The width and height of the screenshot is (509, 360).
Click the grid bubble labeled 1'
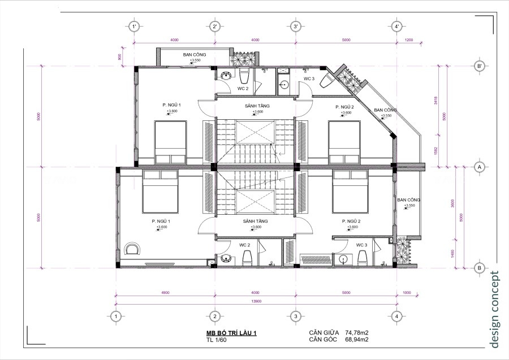pos(134,27)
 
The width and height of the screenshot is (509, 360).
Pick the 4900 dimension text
pos(165,293)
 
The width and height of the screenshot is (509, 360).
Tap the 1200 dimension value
pos(409,40)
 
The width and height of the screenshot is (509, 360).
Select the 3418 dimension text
pos(435,101)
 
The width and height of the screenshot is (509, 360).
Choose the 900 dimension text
pos(120,57)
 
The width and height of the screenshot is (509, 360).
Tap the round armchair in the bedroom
pos(133,249)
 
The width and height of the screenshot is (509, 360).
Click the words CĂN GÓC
pos(323,340)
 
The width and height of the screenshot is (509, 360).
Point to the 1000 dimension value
pos(408,293)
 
